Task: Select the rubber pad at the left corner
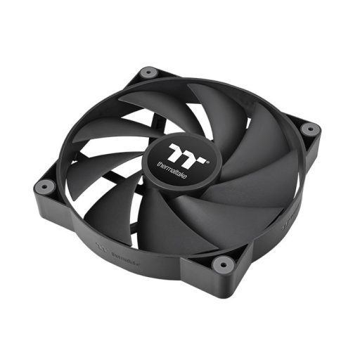(x=43, y=186)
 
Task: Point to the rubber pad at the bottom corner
(x=223, y=264)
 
